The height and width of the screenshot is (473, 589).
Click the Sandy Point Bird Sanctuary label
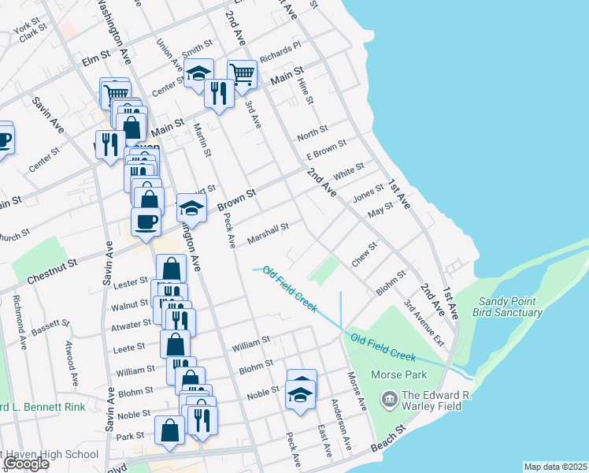507,307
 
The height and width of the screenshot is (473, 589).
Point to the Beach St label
390,440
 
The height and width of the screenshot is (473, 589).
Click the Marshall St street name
269,232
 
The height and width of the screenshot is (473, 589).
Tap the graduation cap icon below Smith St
198,73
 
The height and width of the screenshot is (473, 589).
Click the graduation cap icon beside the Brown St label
191,208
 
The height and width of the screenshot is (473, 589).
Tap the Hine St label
306,91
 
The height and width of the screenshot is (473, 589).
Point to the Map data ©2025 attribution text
555,467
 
